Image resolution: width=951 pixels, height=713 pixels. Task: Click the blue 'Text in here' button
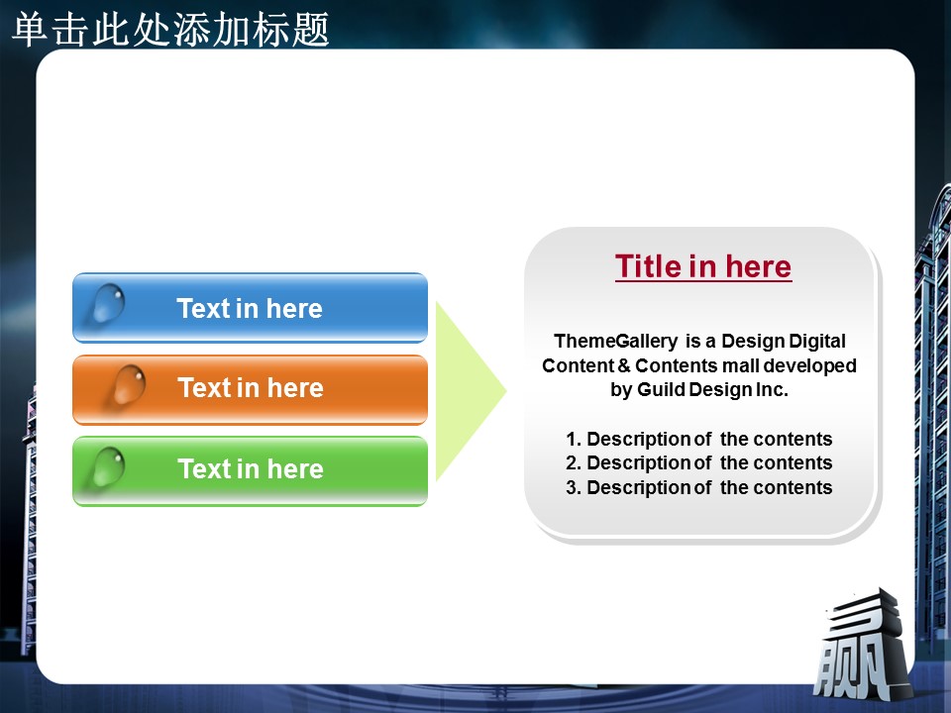(250, 308)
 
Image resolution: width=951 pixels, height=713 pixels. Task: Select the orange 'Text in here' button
(250, 389)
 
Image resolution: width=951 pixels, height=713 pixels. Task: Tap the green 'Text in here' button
(250, 470)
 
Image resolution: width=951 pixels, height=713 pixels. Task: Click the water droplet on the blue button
(109, 303)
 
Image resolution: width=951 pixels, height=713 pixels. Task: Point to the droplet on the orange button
(129, 384)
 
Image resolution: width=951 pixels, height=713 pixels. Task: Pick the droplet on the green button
(109, 466)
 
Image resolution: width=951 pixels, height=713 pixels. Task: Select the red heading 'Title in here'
(703, 266)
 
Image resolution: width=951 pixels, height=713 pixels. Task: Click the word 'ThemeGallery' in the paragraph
(615, 342)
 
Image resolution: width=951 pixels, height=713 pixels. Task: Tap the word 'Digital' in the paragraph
(815, 342)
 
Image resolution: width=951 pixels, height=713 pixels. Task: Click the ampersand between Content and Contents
(624, 365)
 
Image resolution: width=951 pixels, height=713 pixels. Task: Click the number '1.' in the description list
(574, 439)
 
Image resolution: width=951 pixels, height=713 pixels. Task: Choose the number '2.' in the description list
(574, 463)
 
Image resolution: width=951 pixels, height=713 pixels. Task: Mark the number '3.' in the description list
(574, 487)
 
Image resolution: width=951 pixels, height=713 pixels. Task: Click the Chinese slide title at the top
(170, 29)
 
